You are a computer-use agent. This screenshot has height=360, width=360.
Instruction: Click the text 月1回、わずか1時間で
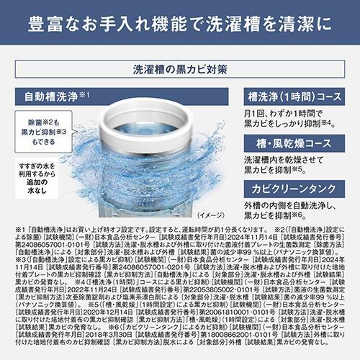pos(286,112)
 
